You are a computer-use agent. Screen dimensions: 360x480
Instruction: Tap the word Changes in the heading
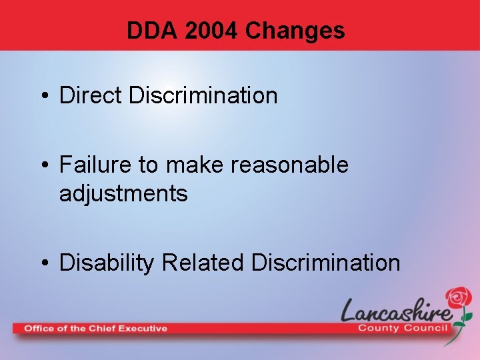point(295,31)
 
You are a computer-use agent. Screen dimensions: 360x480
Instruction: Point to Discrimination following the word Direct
point(203,95)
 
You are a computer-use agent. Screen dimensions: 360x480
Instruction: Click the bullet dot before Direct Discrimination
point(44,96)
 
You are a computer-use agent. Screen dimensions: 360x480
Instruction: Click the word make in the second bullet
point(195,164)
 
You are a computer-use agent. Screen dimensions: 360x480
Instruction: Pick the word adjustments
point(123,194)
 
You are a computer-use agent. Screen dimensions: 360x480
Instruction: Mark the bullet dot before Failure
point(44,165)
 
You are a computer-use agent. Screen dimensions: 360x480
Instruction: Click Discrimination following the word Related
point(325,263)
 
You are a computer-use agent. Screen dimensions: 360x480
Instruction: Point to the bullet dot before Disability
point(44,263)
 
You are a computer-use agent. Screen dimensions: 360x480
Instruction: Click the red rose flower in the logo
point(458,298)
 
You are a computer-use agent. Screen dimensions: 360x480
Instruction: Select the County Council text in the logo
point(405,328)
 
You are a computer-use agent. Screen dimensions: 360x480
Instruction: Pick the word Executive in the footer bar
point(143,328)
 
